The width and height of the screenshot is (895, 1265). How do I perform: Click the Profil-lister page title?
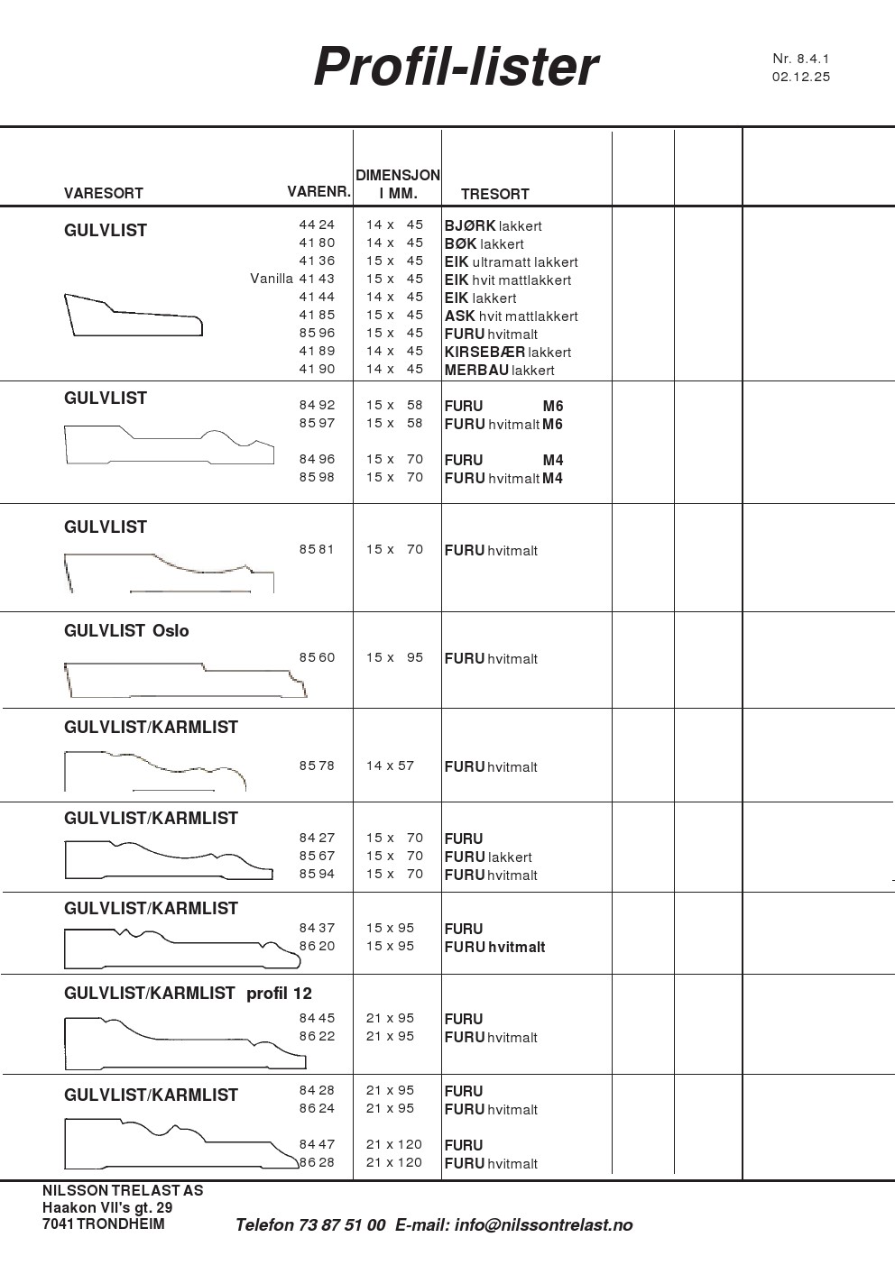click(x=456, y=67)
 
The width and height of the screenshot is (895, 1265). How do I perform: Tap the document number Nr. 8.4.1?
click(x=800, y=59)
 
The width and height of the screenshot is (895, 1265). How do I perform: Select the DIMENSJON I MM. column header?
click(x=397, y=184)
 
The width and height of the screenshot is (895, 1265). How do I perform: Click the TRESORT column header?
click(x=494, y=194)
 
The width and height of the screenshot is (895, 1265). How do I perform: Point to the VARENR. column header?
click(x=318, y=192)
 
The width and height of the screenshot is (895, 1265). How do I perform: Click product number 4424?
click(x=317, y=225)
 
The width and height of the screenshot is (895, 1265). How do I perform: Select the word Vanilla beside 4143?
click(x=272, y=279)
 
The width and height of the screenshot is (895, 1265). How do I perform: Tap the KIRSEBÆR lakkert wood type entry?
click(x=507, y=352)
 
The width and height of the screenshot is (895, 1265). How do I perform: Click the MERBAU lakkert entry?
click(x=499, y=370)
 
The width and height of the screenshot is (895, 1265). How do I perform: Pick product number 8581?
click(x=317, y=549)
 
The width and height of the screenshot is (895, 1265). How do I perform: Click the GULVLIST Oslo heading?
click(x=126, y=630)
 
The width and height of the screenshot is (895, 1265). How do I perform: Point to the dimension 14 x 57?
click(x=390, y=765)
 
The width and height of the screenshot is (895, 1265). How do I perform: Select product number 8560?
click(x=317, y=657)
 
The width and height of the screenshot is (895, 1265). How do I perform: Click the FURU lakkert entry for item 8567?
click(x=487, y=857)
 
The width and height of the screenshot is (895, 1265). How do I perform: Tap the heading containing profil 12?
click(x=188, y=993)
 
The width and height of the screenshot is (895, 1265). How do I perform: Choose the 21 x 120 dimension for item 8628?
click(x=393, y=1162)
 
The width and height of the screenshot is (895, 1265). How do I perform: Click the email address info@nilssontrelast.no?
click(x=543, y=1224)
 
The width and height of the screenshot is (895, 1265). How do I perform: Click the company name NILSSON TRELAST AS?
click(x=123, y=1190)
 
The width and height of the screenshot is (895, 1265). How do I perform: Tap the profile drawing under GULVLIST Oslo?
click(x=185, y=681)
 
